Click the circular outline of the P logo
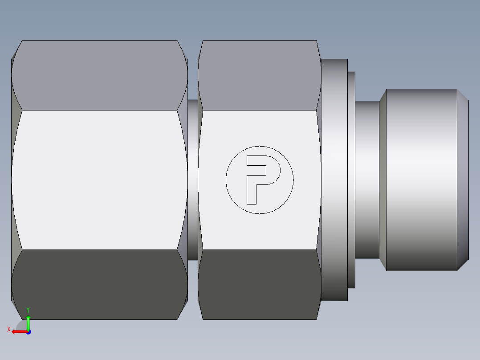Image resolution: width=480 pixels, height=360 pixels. click(x=260, y=146)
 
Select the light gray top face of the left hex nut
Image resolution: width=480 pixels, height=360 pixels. click(x=99, y=75)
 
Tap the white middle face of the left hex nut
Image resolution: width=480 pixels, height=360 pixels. click(x=99, y=180)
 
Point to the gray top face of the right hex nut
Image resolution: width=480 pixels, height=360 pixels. click(x=260, y=75)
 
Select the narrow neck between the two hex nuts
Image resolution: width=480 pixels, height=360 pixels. click(x=192, y=180)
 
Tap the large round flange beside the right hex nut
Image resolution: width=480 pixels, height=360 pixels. click(x=334, y=180)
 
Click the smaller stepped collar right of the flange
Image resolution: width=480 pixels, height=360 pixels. click(x=351, y=180)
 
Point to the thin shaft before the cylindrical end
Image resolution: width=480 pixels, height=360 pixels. click(x=367, y=180)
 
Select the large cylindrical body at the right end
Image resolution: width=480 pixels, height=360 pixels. click(x=421, y=180)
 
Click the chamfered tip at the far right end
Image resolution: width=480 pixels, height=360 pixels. click(x=463, y=180)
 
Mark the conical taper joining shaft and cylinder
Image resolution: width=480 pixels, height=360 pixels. click(x=382, y=180)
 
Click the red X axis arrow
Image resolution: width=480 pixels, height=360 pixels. click(x=18, y=331)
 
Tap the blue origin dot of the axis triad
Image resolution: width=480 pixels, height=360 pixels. click(x=28, y=332)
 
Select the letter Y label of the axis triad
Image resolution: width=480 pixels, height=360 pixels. click(x=28, y=310)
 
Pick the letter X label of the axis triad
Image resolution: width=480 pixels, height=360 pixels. click(x=8, y=330)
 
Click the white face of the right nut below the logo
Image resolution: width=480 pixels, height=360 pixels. click(x=260, y=232)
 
